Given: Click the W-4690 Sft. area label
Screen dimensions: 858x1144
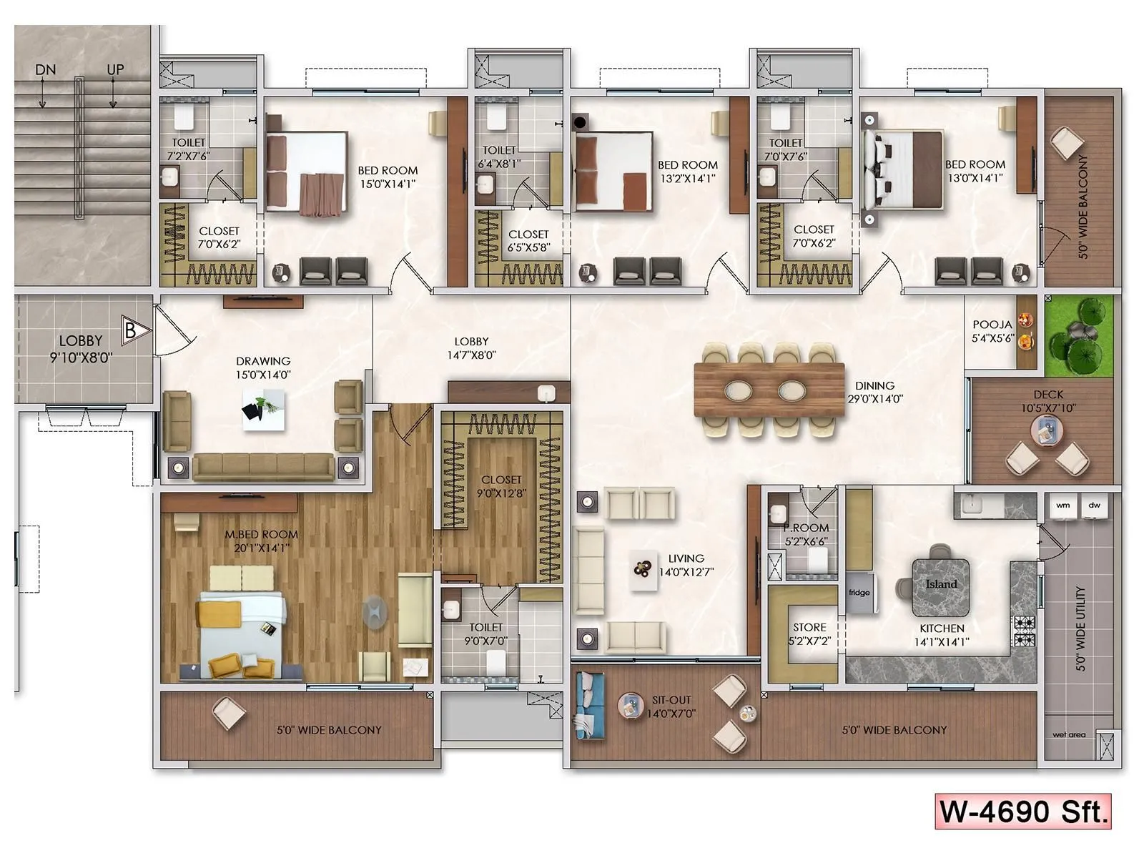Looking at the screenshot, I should pos(1023,812).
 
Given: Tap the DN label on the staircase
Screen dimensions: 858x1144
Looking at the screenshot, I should pos(45,70).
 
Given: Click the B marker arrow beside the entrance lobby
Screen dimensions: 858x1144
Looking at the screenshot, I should pos(134,330).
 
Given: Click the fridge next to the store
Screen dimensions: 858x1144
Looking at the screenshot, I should pos(860,593).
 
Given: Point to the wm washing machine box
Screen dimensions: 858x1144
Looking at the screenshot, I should pos(1063,505).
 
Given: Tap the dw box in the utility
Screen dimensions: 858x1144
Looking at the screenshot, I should pos(1094,505).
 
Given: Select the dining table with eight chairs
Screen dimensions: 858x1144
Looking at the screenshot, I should pos(769,390).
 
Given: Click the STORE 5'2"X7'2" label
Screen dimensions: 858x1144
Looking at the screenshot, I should pos(809,634).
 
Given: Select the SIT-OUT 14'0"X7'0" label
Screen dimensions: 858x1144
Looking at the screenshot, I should pos(671,706).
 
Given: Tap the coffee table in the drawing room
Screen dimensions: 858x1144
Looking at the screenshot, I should pos(263,410).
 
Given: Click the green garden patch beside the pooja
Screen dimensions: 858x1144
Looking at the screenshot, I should pos(1080,336).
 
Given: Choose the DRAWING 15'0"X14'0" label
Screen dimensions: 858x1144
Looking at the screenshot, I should pos(263,368).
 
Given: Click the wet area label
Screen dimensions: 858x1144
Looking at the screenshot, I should pos(1069,734).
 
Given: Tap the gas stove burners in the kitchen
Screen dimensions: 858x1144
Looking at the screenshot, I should pos(1025,631).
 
